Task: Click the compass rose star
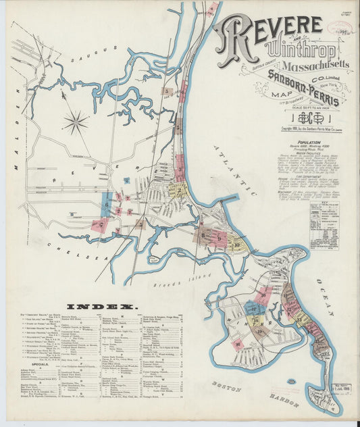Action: point(76,122)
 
